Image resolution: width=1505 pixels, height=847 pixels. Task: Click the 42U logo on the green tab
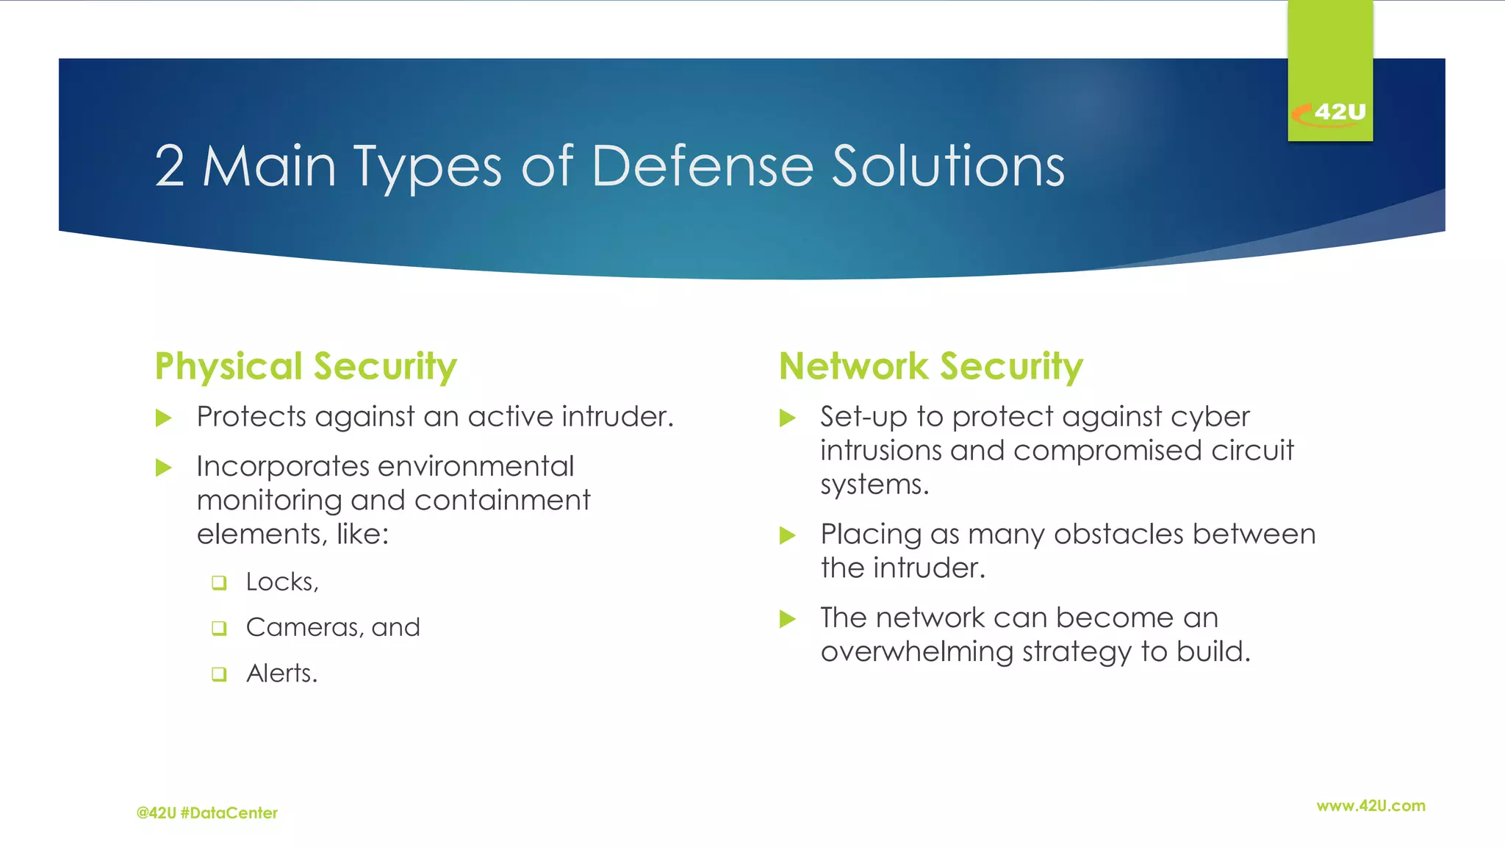point(1329,112)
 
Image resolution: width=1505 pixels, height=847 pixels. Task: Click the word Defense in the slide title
point(702,166)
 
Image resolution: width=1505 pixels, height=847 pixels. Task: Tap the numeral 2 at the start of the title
point(169,166)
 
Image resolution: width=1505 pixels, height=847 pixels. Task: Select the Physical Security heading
point(305,366)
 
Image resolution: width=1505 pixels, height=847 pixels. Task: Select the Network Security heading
point(930,366)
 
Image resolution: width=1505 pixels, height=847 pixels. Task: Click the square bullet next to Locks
point(219,583)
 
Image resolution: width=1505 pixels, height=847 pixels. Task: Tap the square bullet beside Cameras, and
point(219,629)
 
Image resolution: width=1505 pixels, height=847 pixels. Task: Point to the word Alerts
point(281,673)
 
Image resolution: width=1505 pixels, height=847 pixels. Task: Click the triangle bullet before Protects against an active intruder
point(164,418)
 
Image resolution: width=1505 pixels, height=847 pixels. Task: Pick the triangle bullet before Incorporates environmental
point(164,468)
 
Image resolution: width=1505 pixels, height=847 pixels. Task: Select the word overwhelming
point(916,652)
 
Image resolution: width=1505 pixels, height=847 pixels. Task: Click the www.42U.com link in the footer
point(1371,806)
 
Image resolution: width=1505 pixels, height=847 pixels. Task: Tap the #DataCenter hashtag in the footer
point(229,813)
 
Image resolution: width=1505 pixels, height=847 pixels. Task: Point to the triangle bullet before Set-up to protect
point(787,418)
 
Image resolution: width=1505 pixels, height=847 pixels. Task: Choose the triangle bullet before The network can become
point(787,619)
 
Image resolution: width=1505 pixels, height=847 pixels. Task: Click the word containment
point(502,501)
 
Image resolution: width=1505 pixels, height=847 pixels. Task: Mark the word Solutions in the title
point(947,166)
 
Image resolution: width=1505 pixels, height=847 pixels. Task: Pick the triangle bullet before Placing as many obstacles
point(787,535)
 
